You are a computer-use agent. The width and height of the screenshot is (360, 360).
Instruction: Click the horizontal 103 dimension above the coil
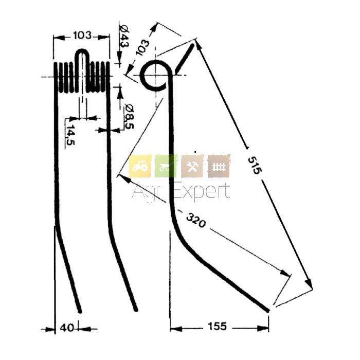[x=82, y=35]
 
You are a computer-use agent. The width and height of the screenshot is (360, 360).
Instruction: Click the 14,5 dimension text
[x=70, y=135]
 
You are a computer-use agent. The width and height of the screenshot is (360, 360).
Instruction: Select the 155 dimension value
[x=217, y=326]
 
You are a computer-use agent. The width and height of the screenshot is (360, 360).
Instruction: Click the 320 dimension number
[x=195, y=220]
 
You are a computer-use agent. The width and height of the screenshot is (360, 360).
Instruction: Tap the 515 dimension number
[x=255, y=165]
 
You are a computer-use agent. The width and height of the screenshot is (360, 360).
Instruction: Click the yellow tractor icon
[x=140, y=166]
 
